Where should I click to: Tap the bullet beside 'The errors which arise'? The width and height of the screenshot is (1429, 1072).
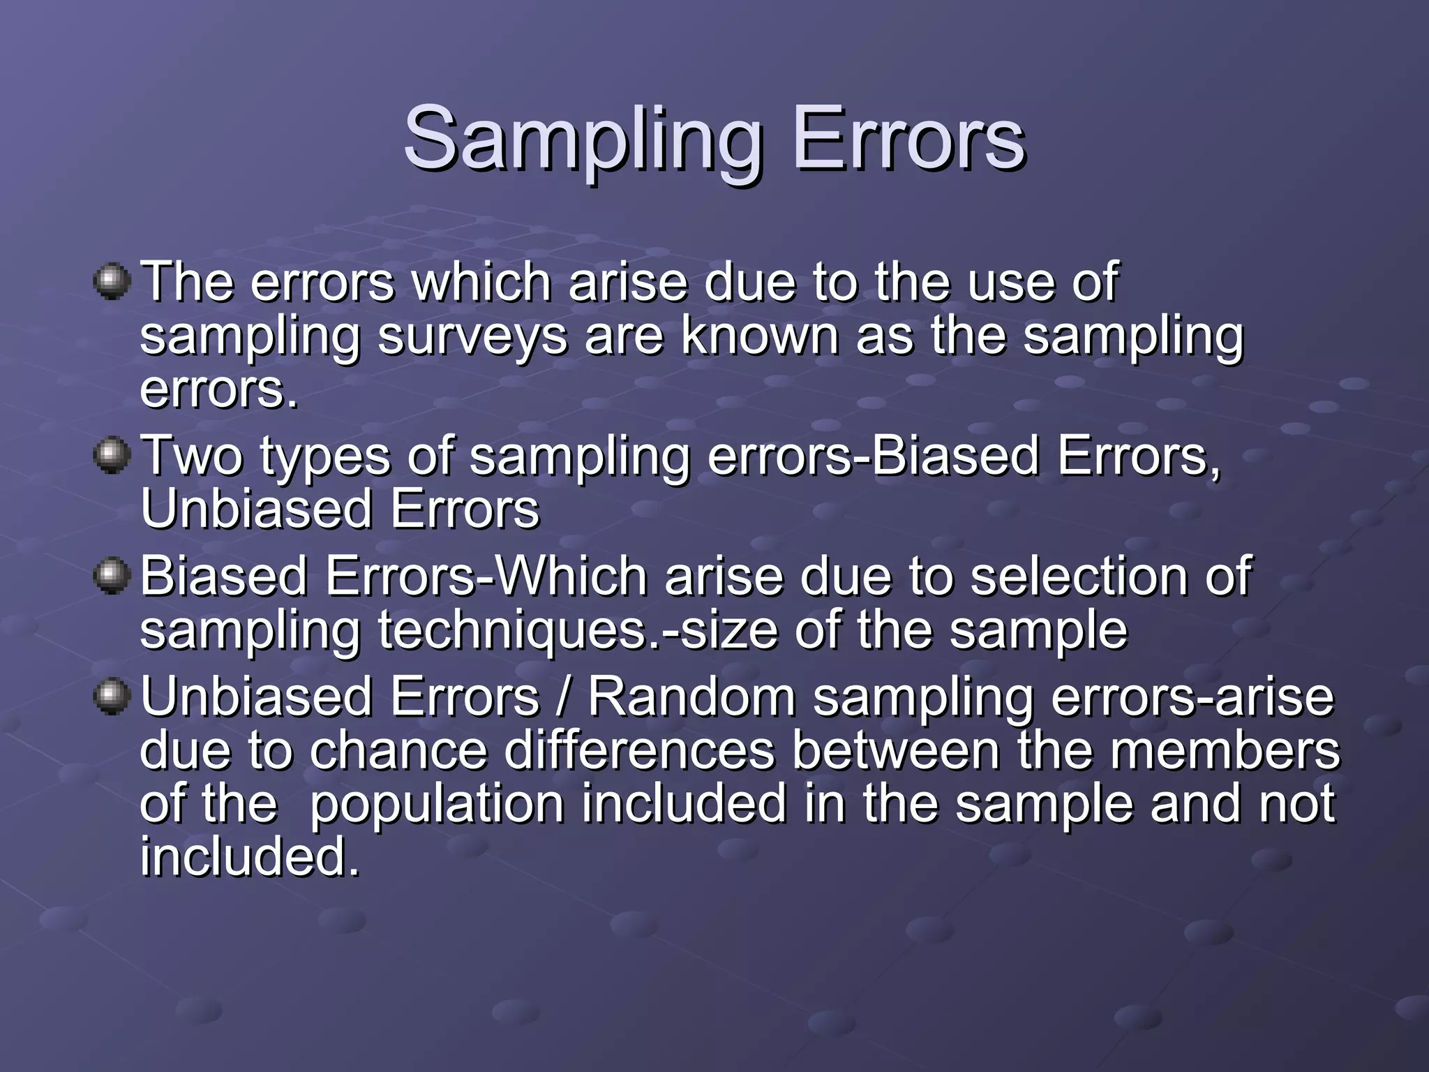coord(112,281)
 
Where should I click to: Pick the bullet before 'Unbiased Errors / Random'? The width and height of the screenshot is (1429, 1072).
coord(112,697)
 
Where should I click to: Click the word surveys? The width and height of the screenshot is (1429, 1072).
coord(472,336)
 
